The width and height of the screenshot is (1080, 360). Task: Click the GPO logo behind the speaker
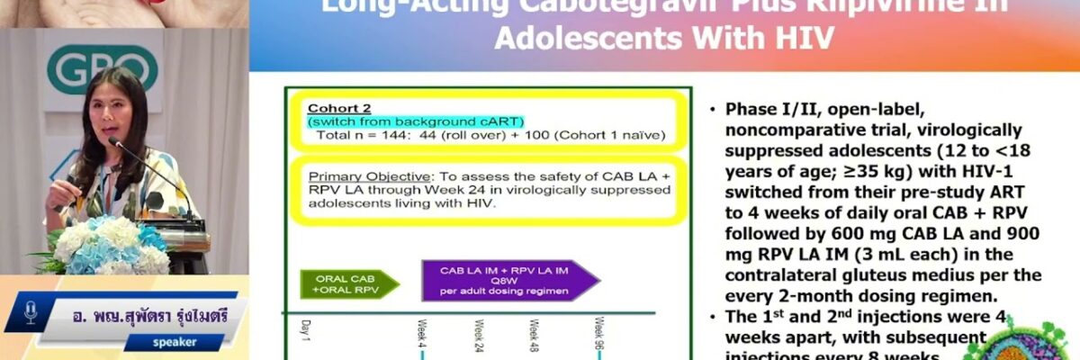pyautogui.click(x=102, y=69)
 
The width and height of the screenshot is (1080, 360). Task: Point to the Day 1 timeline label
pyautogui.click(x=303, y=330)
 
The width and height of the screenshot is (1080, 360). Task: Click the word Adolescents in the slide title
pyautogui.click(x=581, y=38)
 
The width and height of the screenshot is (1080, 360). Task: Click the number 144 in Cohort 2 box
pyautogui.click(x=396, y=135)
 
